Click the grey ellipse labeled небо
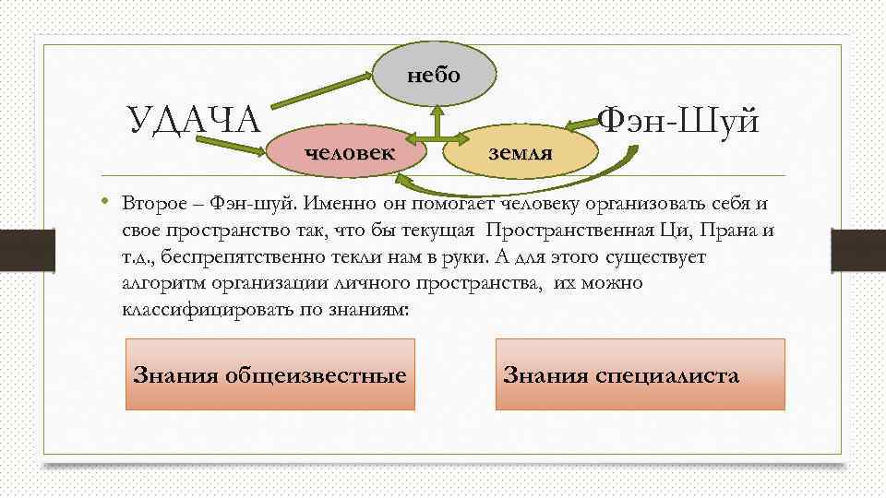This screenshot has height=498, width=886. pyautogui.click(x=433, y=75)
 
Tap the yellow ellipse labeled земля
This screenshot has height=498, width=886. pyautogui.click(x=521, y=149)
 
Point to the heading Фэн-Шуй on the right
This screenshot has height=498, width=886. pyautogui.click(x=678, y=120)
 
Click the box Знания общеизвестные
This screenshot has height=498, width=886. pyautogui.click(x=269, y=374)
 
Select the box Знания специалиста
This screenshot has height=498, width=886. pyautogui.click(x=640, y=374)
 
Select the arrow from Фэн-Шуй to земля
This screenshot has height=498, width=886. pyautogui.click(x=576, y=123)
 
